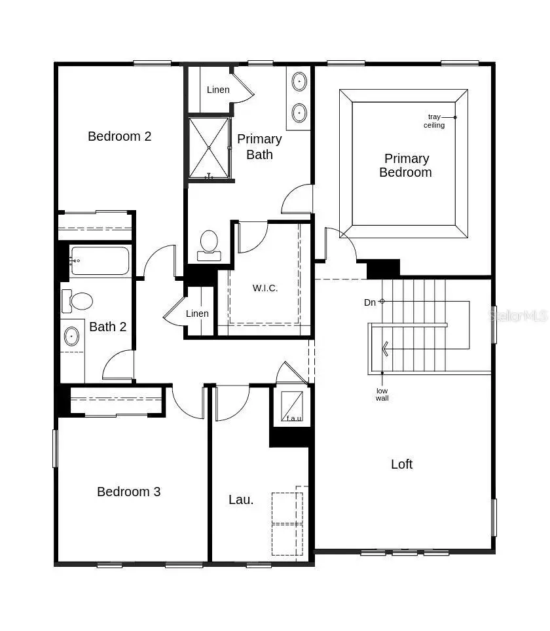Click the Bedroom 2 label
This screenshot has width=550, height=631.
(x=120, y=136)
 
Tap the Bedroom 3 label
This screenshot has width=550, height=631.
(x=129, y=492)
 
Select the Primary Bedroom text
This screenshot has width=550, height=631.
(x=406, y=166)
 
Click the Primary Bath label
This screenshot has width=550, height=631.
(x=259, y=147)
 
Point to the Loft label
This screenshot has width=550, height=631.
(x=401, y=464)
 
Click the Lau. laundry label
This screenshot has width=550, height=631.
(x=241, y=499)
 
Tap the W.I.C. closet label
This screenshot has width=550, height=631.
(x=265, y=288)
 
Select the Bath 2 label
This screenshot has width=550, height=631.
(x=108, y=327)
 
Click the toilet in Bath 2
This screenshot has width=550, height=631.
(x=78, y=301)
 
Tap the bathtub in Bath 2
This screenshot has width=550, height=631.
(x=100, y=261)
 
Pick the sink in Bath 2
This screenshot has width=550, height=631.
(x=71, y=336)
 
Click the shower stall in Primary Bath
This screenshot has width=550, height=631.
(x=209, y=148)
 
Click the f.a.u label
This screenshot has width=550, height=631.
(x=294, y=418)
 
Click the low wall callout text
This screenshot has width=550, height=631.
(x=382, y=394)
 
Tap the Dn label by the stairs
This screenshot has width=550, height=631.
(x=370, y=302)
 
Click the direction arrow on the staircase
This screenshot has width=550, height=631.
(x=386, y=348)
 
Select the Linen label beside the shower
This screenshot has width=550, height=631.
(x=218, y=90)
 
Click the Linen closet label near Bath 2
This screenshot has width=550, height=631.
(x=197, y=314)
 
